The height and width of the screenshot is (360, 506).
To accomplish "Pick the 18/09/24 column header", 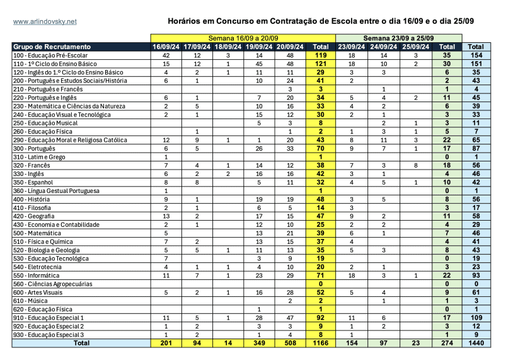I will coord(228,47).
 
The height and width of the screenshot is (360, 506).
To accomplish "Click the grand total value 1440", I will coord(476,344).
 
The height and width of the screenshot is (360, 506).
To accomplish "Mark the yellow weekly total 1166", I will coord(321,344).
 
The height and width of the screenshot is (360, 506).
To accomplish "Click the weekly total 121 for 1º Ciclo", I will coord(321,64).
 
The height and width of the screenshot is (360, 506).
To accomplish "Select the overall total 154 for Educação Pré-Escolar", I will coord(476,55).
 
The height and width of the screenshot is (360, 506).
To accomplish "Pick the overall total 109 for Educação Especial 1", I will coord(476,318).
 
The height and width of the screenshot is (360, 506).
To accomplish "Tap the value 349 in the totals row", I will coord(258,344).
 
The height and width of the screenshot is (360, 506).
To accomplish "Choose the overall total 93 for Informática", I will coord(476,276).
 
